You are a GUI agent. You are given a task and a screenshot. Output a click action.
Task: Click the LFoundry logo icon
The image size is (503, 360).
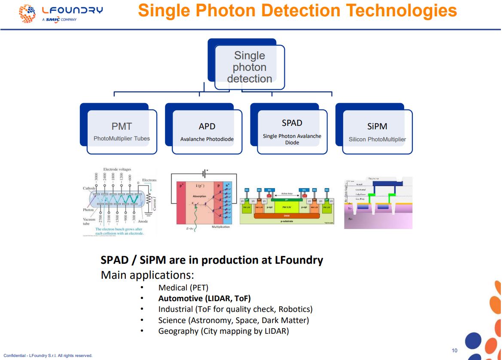[27, 13]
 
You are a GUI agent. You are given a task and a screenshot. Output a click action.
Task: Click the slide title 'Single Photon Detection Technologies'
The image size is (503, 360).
[297, 11]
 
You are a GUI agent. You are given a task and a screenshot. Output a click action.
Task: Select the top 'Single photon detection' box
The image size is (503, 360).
[249, 67]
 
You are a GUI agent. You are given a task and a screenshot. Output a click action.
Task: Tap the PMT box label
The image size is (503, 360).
[122, 126]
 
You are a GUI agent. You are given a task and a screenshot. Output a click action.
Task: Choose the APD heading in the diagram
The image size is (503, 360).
[207, 126]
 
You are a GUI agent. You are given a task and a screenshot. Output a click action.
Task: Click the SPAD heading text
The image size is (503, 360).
[292, 123]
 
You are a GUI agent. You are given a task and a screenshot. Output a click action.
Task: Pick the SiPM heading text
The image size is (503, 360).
[377, 126]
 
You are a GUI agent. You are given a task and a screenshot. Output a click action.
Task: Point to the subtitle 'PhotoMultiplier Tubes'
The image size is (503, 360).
[122, 139]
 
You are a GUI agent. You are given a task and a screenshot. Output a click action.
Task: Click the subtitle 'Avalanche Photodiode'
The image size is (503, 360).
[207, 139]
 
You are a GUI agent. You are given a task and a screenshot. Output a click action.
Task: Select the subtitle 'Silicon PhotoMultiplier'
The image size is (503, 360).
[377, 139]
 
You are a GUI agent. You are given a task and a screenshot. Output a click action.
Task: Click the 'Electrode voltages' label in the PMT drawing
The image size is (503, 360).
[117, 169]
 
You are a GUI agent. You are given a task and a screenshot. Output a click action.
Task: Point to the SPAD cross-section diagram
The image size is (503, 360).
[287, 206]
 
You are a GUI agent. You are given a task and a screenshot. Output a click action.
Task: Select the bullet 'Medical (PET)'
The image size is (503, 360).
[183, 287]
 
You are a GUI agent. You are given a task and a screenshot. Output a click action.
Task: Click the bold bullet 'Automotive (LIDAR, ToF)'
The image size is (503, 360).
[204, 298]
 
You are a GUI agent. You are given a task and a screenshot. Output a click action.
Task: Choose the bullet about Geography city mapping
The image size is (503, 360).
[223, 331]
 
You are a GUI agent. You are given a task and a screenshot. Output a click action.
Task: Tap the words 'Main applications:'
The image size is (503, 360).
[147, 275]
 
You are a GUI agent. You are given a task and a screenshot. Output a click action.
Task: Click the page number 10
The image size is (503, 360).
[454, 351]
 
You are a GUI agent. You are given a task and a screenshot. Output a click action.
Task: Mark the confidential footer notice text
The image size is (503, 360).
[48, 356]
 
